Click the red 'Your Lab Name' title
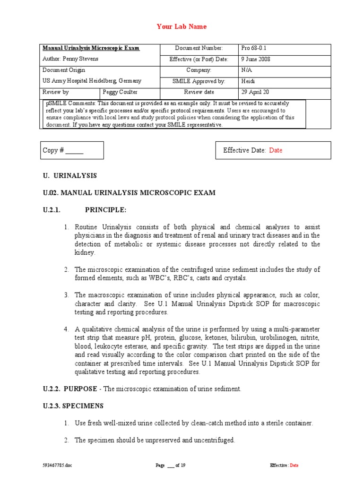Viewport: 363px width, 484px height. tap(181, 26)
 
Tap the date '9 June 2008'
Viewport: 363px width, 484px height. tap(256, 59)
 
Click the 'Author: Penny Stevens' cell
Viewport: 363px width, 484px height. tap(70, 59)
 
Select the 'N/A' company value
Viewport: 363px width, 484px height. tap(246, 70)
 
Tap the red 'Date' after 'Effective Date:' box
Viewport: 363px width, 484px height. tap(276, 150)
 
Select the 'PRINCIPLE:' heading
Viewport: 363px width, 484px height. tap(105, 210)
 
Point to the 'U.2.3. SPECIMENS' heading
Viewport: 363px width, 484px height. tap(73, 406)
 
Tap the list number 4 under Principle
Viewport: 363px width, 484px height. tap(67, 328)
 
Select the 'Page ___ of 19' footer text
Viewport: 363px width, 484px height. tap(170, 465)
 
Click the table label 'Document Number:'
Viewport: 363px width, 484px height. tap(199, 48)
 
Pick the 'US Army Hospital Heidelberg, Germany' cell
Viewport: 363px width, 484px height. tap(92, 81)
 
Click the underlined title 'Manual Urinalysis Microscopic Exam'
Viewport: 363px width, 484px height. tap(91, 48)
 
